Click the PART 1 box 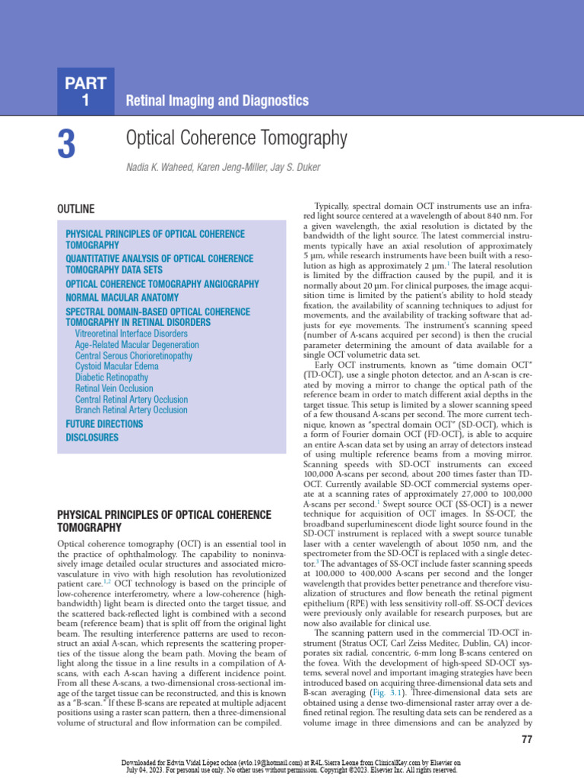click(85, 91)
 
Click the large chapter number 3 click(66, 144)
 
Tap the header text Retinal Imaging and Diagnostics click(217, 100)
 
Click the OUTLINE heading click(76, 209)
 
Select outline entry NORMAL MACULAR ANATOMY click(122, 298)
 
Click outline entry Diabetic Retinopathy click(112, 377)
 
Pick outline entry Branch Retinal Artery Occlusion click(131, 410)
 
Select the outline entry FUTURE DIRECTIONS click(104, 423)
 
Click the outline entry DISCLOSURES click(92, 437)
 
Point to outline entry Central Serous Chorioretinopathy click(134, 356)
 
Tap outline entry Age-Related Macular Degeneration click(137, 344)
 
